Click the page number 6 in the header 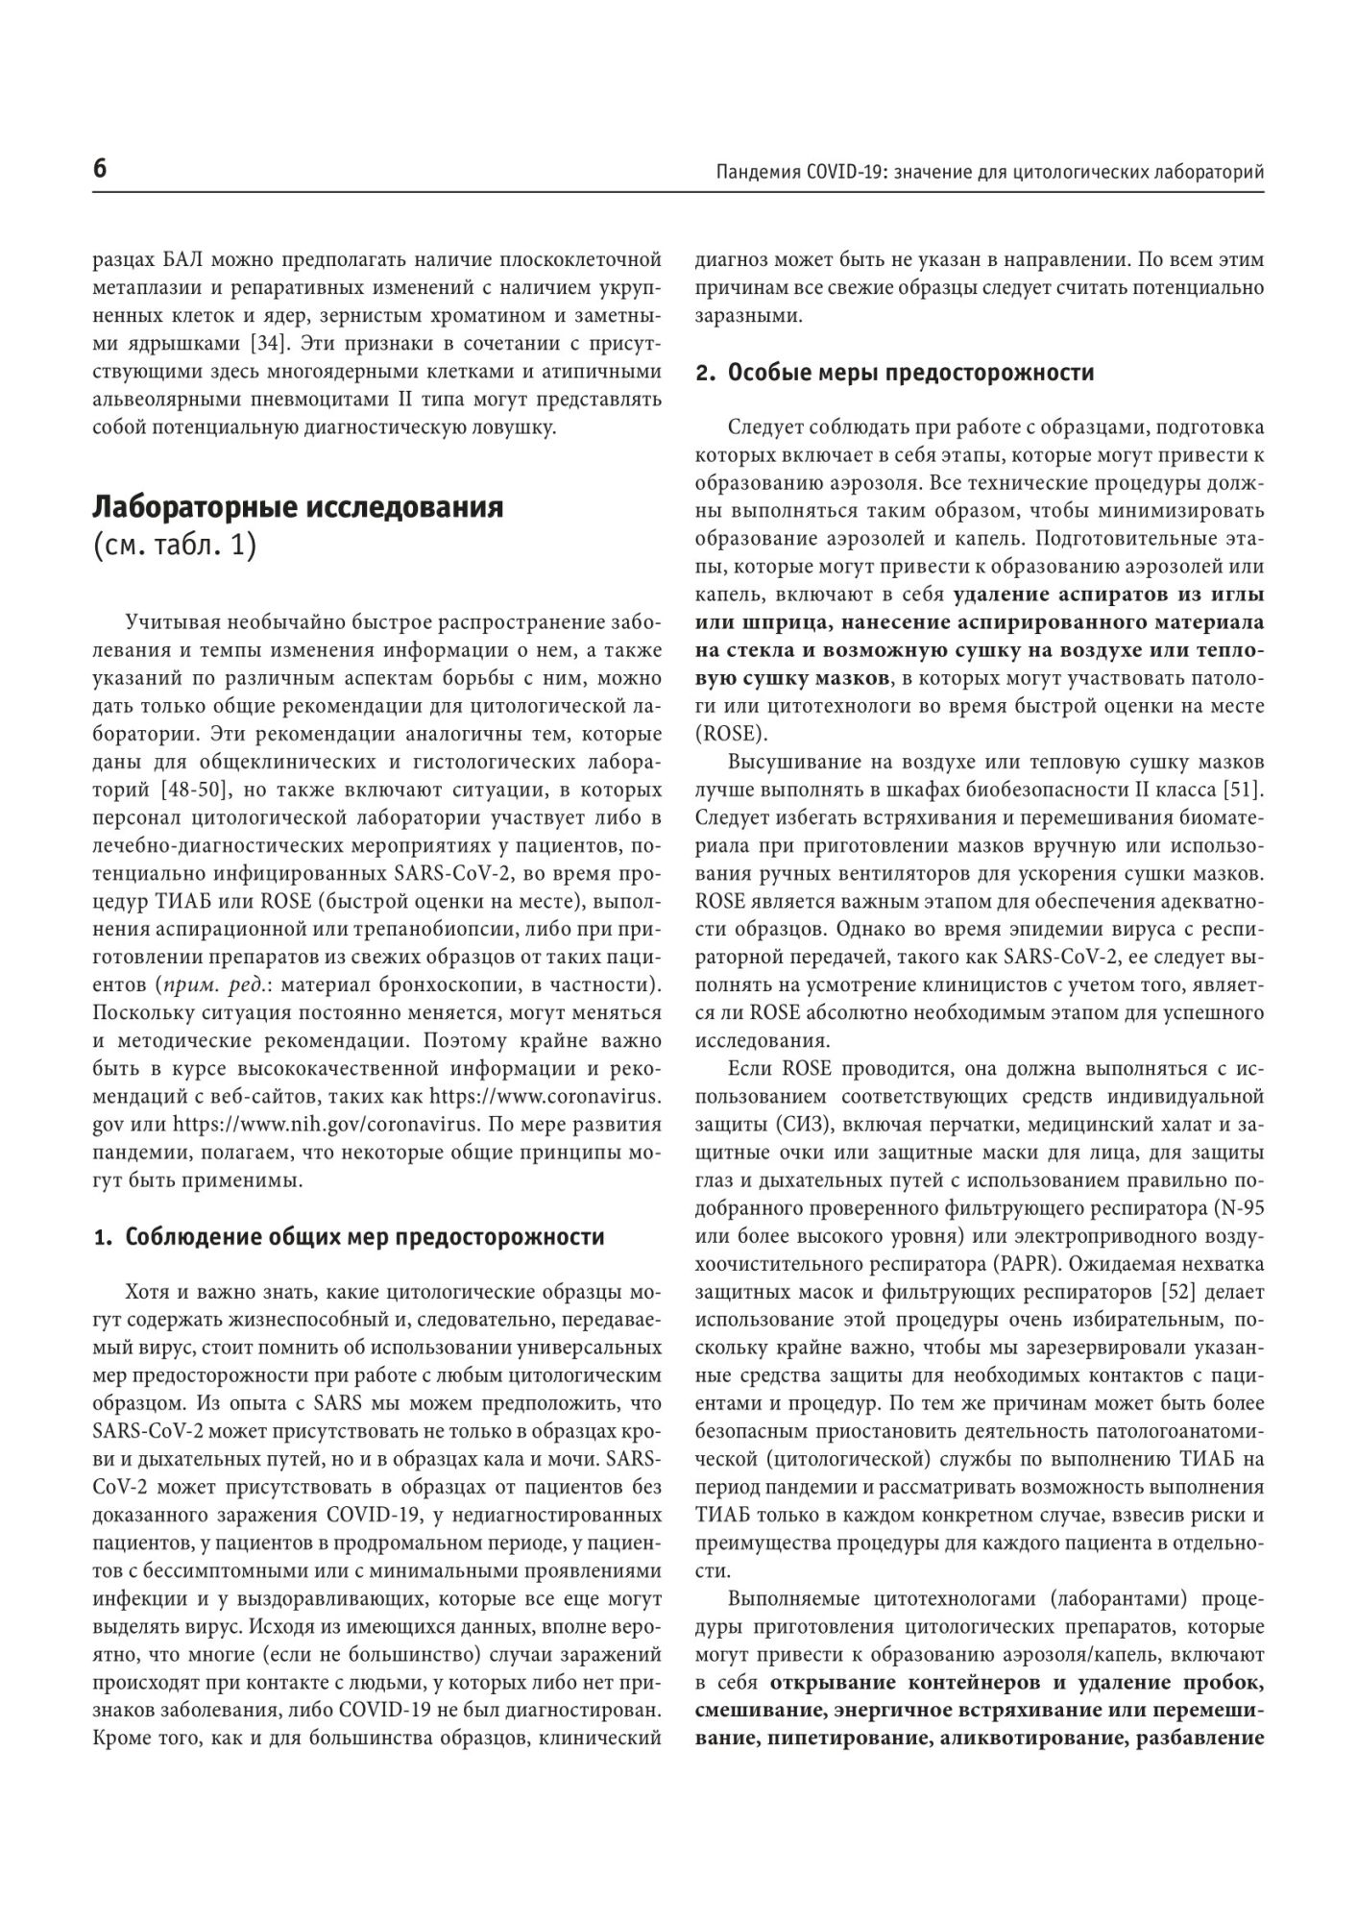pos(100,170)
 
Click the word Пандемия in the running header pos(754,172)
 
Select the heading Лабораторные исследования pos(298,506)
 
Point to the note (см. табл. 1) pos(175,546)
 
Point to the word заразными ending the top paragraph pos(744,315)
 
